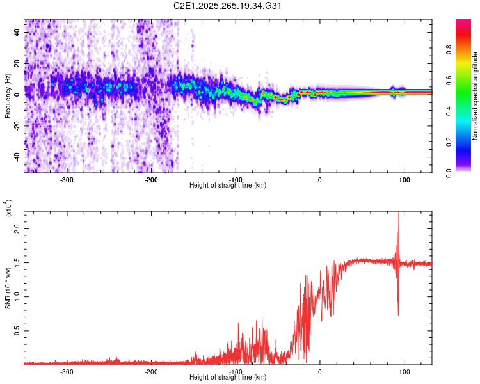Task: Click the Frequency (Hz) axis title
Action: coord(8,96)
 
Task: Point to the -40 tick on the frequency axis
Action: coord(16,157)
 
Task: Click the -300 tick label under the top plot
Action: coord(67,180)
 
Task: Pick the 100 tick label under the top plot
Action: coord(404,180)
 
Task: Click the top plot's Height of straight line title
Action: coord(228,186)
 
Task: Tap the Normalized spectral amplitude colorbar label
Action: coord(475,96)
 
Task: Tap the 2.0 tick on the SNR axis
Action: coord(16,228)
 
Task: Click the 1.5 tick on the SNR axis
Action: coord(16,262)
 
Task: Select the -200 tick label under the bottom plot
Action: coord(151,372)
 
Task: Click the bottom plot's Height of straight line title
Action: coord(228,378)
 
